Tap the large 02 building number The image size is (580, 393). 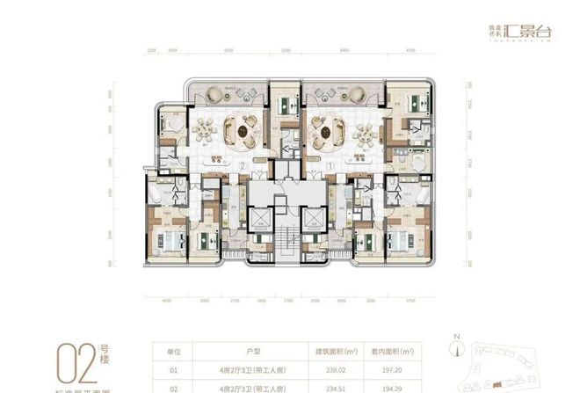73,363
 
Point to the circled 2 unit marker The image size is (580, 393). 239,164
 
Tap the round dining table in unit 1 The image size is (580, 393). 327,130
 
